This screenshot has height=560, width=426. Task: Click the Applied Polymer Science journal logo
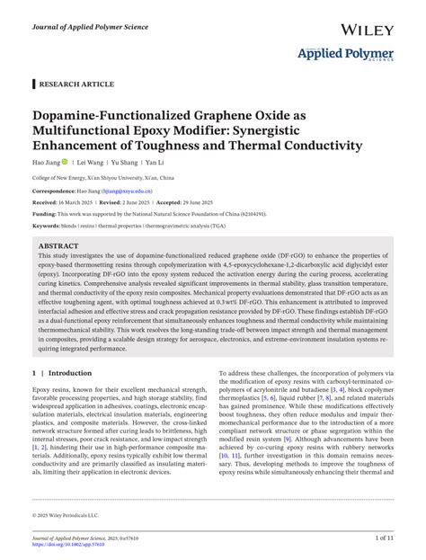[345, 57]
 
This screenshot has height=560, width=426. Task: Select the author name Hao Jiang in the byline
[46, 163]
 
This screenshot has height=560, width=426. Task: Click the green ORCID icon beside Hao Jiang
[65, 163]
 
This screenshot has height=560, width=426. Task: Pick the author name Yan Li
[155, 163]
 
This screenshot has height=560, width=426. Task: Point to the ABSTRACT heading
[59, 245]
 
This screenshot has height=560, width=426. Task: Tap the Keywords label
[49, 226]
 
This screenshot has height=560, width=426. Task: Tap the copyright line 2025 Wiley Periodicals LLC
[68, 514]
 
